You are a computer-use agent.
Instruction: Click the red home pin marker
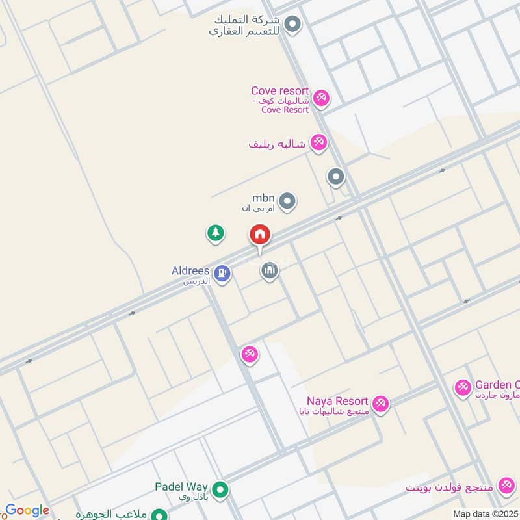(260, 235)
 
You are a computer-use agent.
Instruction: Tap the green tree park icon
(216, 233)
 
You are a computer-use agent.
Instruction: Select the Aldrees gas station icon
(222, 274)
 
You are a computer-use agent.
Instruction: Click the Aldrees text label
(190, 270)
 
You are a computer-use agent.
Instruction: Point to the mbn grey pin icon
(288, 201)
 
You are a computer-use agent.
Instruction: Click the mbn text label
(264, 198)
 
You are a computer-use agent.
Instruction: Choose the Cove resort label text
(280, 92)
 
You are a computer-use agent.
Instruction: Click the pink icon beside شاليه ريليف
(318, 142)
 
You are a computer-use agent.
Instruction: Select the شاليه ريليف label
(277, 143)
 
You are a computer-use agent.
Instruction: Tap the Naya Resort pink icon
(381, 403)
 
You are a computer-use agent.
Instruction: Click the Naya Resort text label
(338, 402)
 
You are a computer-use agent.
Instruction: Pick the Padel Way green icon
(220, 488)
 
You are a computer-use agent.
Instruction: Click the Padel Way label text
(181, 486)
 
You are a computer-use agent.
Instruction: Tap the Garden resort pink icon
(463, 388)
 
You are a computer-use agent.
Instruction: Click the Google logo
(27, 511)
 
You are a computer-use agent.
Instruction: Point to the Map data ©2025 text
(486, 513)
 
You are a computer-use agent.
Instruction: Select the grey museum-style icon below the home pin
(270, 270)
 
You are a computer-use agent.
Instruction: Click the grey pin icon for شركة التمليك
(293, 25)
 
